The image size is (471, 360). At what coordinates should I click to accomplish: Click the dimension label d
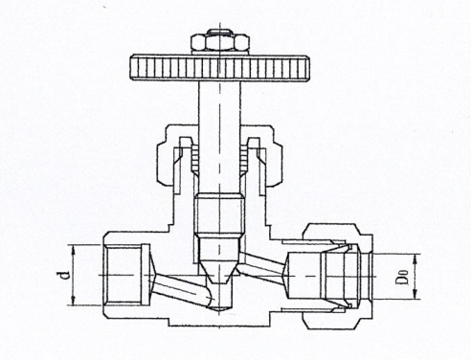[60, 275]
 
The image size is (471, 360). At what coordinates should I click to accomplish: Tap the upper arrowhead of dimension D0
[418, 256]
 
